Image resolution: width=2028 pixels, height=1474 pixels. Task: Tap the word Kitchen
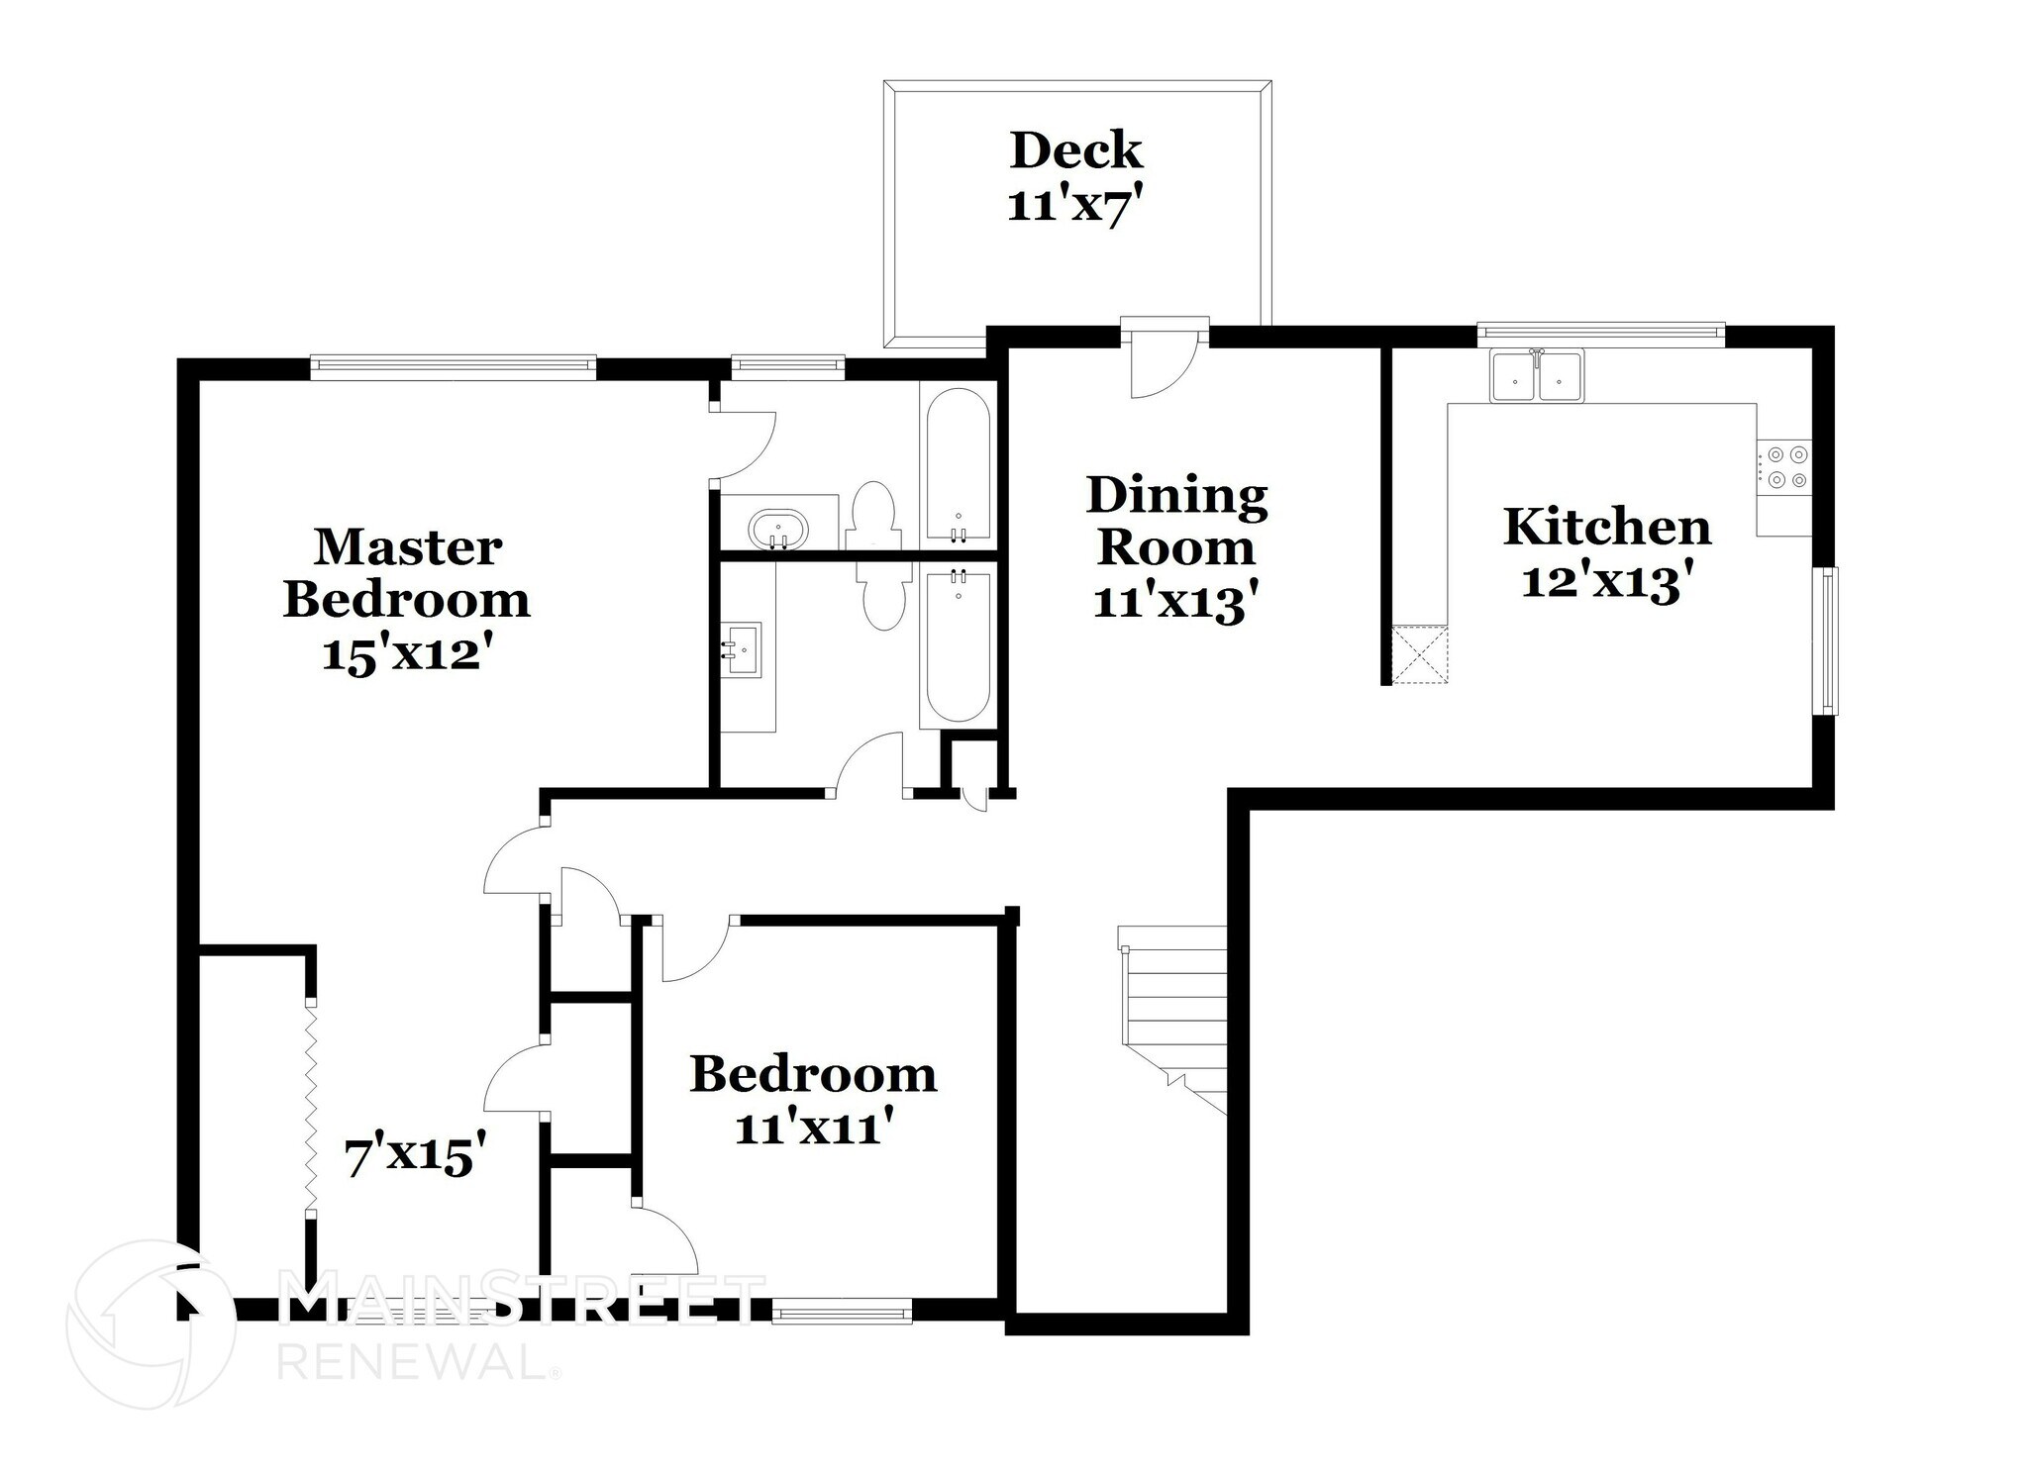click(x=1606, y=527)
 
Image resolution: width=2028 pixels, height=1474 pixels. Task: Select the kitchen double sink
click(x=1537, y=376)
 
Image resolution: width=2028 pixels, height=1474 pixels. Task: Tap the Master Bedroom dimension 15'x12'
click(x=406, y=654)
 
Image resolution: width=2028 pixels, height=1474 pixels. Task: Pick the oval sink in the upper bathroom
click(x=777, y=528)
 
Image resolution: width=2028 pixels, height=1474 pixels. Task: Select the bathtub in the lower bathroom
click(x=956, y=645)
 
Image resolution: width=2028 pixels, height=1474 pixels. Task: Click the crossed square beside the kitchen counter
click(x=1419, y=655)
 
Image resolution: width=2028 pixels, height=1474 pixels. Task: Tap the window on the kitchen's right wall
click(x=1828, y=639)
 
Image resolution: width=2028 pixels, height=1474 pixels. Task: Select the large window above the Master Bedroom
click(x=453, y=367)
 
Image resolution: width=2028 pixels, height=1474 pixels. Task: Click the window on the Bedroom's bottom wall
click(x=841, y=1314)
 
